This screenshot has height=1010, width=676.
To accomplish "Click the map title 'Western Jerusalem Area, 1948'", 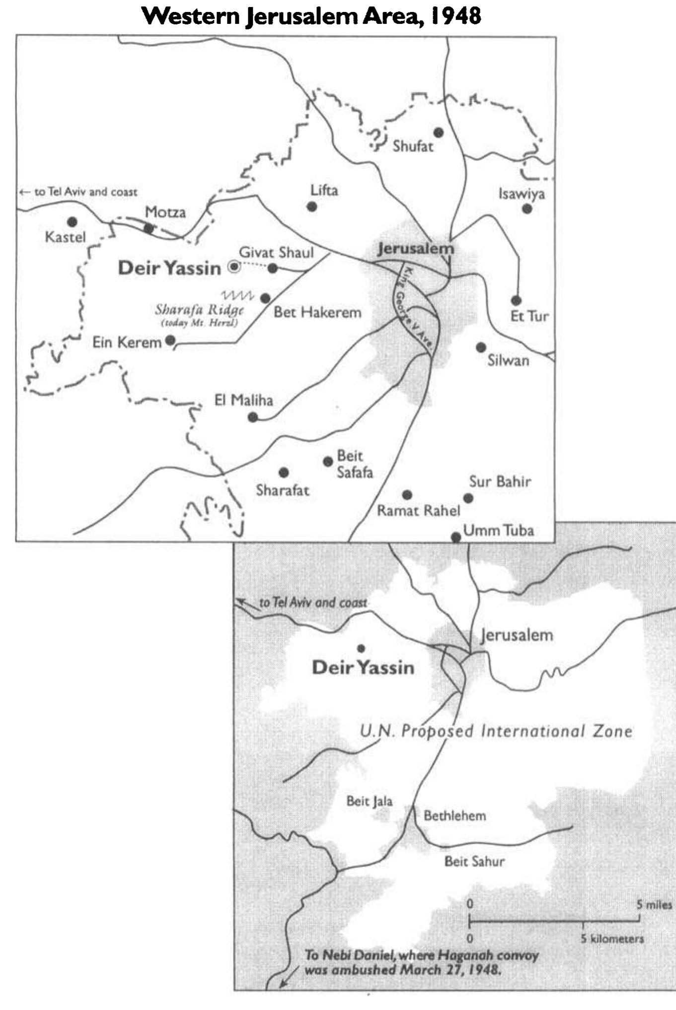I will [x=311, y=16].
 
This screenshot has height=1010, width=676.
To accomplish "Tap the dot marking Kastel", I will [x=73, y=221].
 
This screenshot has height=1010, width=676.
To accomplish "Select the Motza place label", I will [x=165, y=212].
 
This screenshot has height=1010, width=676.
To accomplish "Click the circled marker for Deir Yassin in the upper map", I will [x=233, y=268].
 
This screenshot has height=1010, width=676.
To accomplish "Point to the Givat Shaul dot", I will [x=273, y=268].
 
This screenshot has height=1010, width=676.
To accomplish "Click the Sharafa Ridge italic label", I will [x=199, y=311].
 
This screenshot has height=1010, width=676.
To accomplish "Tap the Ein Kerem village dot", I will [x=170, y=340].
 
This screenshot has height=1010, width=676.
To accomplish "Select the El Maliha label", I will [x=243, y=400].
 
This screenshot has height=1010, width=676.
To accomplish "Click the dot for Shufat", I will [x=439, y=133].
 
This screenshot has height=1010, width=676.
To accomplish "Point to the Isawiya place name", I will [x=522, y=194].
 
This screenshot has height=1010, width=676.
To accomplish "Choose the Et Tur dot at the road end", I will [x=516, y=300].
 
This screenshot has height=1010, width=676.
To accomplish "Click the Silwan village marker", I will [x=481, y=347].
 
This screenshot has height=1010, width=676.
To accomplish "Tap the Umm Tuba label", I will [x=498, y=531].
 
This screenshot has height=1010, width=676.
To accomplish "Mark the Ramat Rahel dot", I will [x=407, y=495].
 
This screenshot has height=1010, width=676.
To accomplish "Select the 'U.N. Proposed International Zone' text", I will [x=496, y=731].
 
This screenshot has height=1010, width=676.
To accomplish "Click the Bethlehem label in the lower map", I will [x=454, y=815].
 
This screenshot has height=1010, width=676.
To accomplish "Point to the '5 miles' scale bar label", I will [x=654, y=904].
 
